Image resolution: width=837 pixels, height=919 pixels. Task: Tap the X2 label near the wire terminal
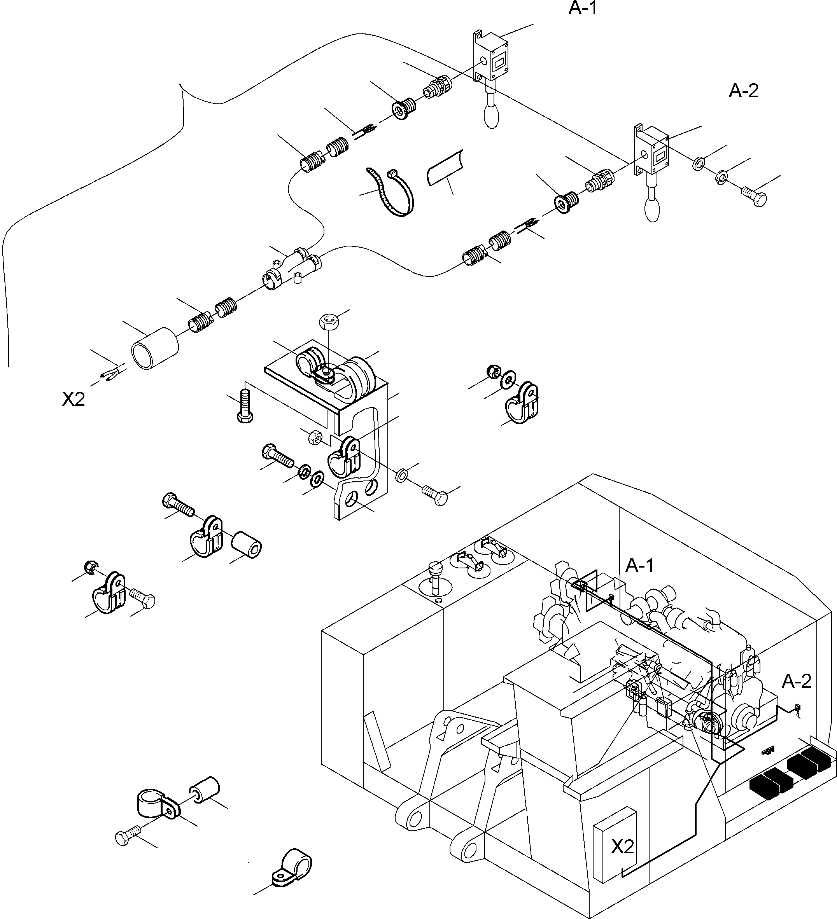pyautogui.click(x=74, y=400)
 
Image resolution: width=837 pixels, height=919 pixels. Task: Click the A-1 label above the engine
pyautogui.click(x=639, y=566)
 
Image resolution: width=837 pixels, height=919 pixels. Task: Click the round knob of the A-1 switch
pyautogui.click(x=491, y=116)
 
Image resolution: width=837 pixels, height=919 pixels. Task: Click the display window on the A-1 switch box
pyautogui.click(x=500, y=60)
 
